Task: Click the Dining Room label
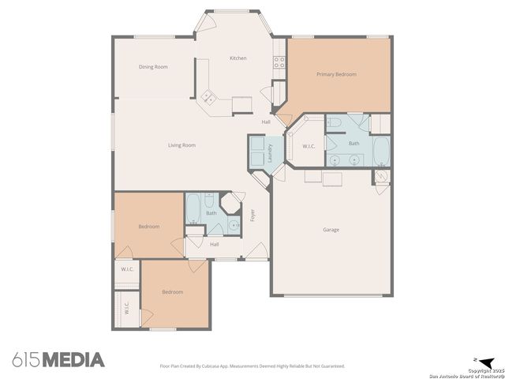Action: tap(153, 67)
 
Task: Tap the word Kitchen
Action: tap(238, 58)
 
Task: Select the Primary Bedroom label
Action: tap(336, 74)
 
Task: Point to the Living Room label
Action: tap(181, 145)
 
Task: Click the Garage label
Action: tap(331, 230)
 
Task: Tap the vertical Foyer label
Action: tap(252, 214)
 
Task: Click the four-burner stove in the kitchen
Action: tap(279, 62)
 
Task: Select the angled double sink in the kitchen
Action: tap(208, 98)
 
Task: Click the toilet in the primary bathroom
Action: tap(334, 122)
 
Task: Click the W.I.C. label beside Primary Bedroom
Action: tap(309, 146)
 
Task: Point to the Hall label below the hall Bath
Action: tap(214, 245)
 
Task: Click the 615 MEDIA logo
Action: tap(58, 360)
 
